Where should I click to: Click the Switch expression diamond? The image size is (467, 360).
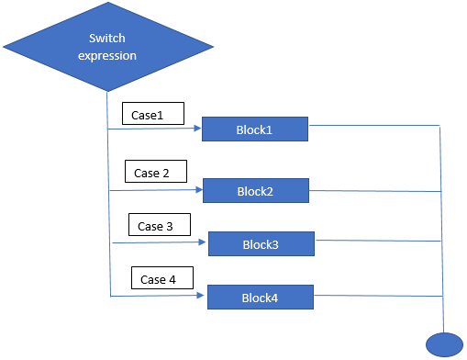coord(109,47)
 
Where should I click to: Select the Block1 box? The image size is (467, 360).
coord(254,129)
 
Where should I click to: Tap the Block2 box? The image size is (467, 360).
coord(255,191)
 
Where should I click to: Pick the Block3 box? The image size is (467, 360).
coord(261,244)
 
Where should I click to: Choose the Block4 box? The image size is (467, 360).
coord(260,298)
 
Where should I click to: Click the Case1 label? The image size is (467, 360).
coord(152,114)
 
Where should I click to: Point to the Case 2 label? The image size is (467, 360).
coord(155,172)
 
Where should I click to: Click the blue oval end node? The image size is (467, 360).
coord(444,343)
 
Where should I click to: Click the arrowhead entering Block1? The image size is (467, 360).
coord(197,129)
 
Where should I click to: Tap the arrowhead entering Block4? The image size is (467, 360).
coord(203,297)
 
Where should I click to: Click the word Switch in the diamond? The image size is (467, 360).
coord(107,39)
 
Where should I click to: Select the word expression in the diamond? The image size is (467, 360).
coord(107,55)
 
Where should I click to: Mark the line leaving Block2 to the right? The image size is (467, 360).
coord(375,191)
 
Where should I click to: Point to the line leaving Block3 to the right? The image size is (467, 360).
coord(378,241)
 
